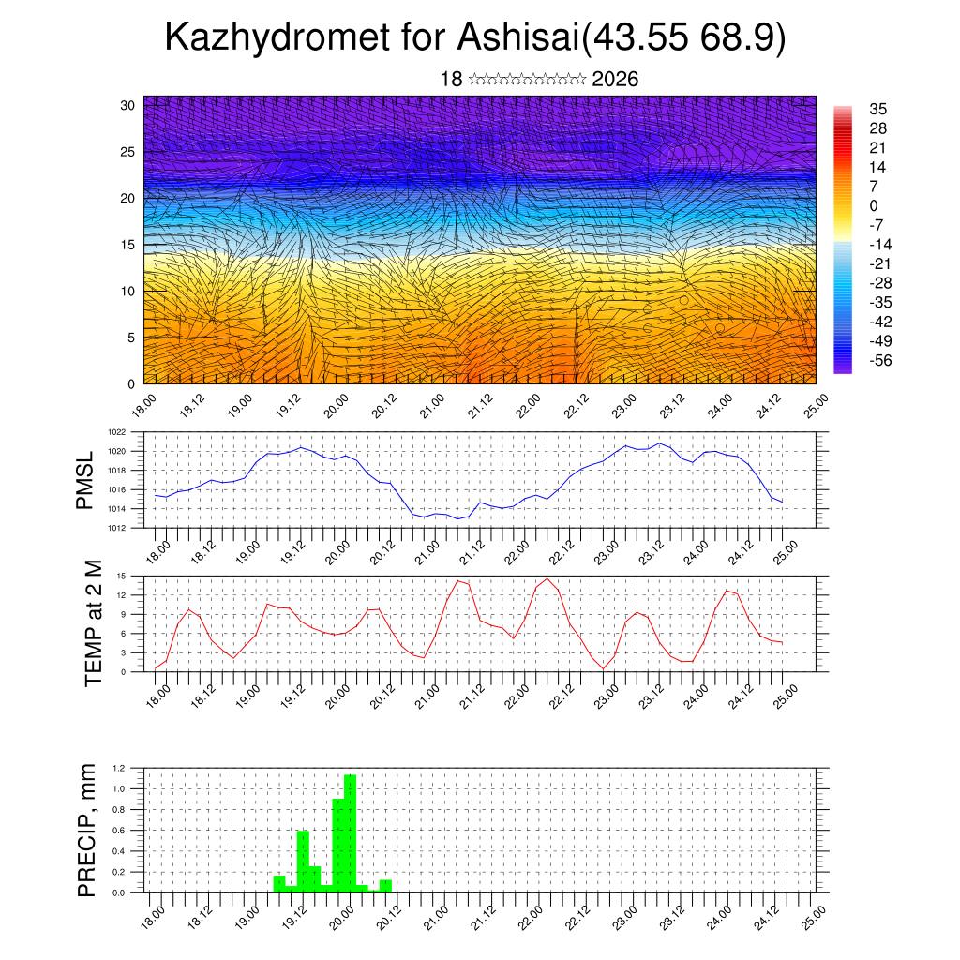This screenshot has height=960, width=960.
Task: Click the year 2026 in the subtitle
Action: point(615,79)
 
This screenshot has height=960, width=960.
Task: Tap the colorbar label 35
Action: point(877,110)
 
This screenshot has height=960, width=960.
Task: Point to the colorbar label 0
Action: point(874,206)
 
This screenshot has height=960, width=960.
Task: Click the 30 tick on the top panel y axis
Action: point(127,105)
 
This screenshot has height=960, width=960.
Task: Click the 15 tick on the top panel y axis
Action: point(127,245)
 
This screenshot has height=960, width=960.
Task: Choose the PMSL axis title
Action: point(85,480)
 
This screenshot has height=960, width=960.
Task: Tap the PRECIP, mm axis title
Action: point(87,829)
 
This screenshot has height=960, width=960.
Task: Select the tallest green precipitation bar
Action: point(350,833)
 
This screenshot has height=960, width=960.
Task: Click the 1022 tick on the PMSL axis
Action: point(117,432)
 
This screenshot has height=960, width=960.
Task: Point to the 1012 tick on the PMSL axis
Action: point(117,528)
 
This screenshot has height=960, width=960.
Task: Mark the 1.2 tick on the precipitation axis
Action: point(119,768)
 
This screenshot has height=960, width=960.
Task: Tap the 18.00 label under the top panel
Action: point(142,406)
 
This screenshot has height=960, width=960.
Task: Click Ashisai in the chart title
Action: point(517,38)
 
